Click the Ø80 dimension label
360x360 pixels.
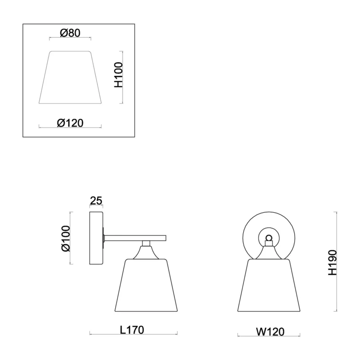[70, 33]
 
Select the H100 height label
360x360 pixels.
[119, 75]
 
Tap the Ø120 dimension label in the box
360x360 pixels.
[70, 123]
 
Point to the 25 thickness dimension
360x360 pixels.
[96, 201]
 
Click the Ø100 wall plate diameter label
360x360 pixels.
[66, 238]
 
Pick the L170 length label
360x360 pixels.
[132, 330]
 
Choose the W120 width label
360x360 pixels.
[270, 332]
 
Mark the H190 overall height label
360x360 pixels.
[333, 263]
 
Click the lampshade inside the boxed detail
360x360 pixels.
[70, 77]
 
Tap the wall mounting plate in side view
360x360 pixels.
[96, 238]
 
